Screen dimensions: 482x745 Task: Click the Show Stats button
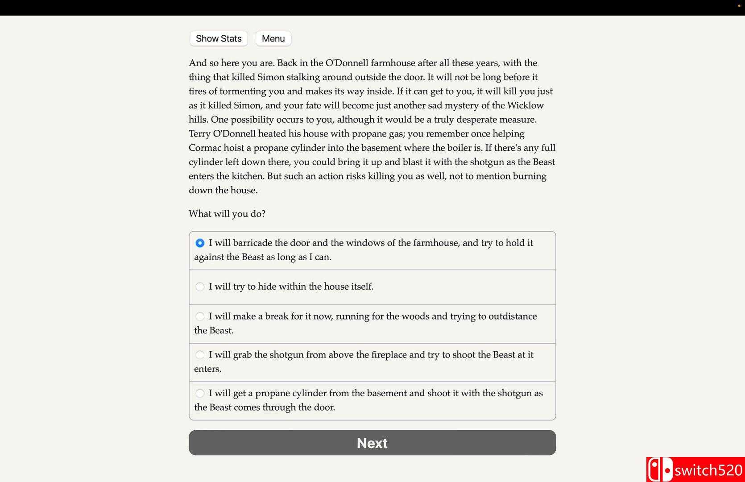(219, 39)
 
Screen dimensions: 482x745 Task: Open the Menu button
(273, 39)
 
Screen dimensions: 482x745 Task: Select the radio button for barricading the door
(200, 243)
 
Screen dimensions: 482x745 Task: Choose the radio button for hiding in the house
(200, 287)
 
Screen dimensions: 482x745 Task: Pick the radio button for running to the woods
(200, 316)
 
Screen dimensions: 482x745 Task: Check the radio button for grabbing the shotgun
(200, 355)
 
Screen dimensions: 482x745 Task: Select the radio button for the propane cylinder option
(200, 393)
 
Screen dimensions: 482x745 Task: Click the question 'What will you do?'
(227, 214)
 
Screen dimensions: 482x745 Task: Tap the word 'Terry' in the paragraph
(199, 134)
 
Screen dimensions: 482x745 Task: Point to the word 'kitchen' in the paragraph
(248, 176)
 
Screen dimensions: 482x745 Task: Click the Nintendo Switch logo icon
(660, 470)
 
